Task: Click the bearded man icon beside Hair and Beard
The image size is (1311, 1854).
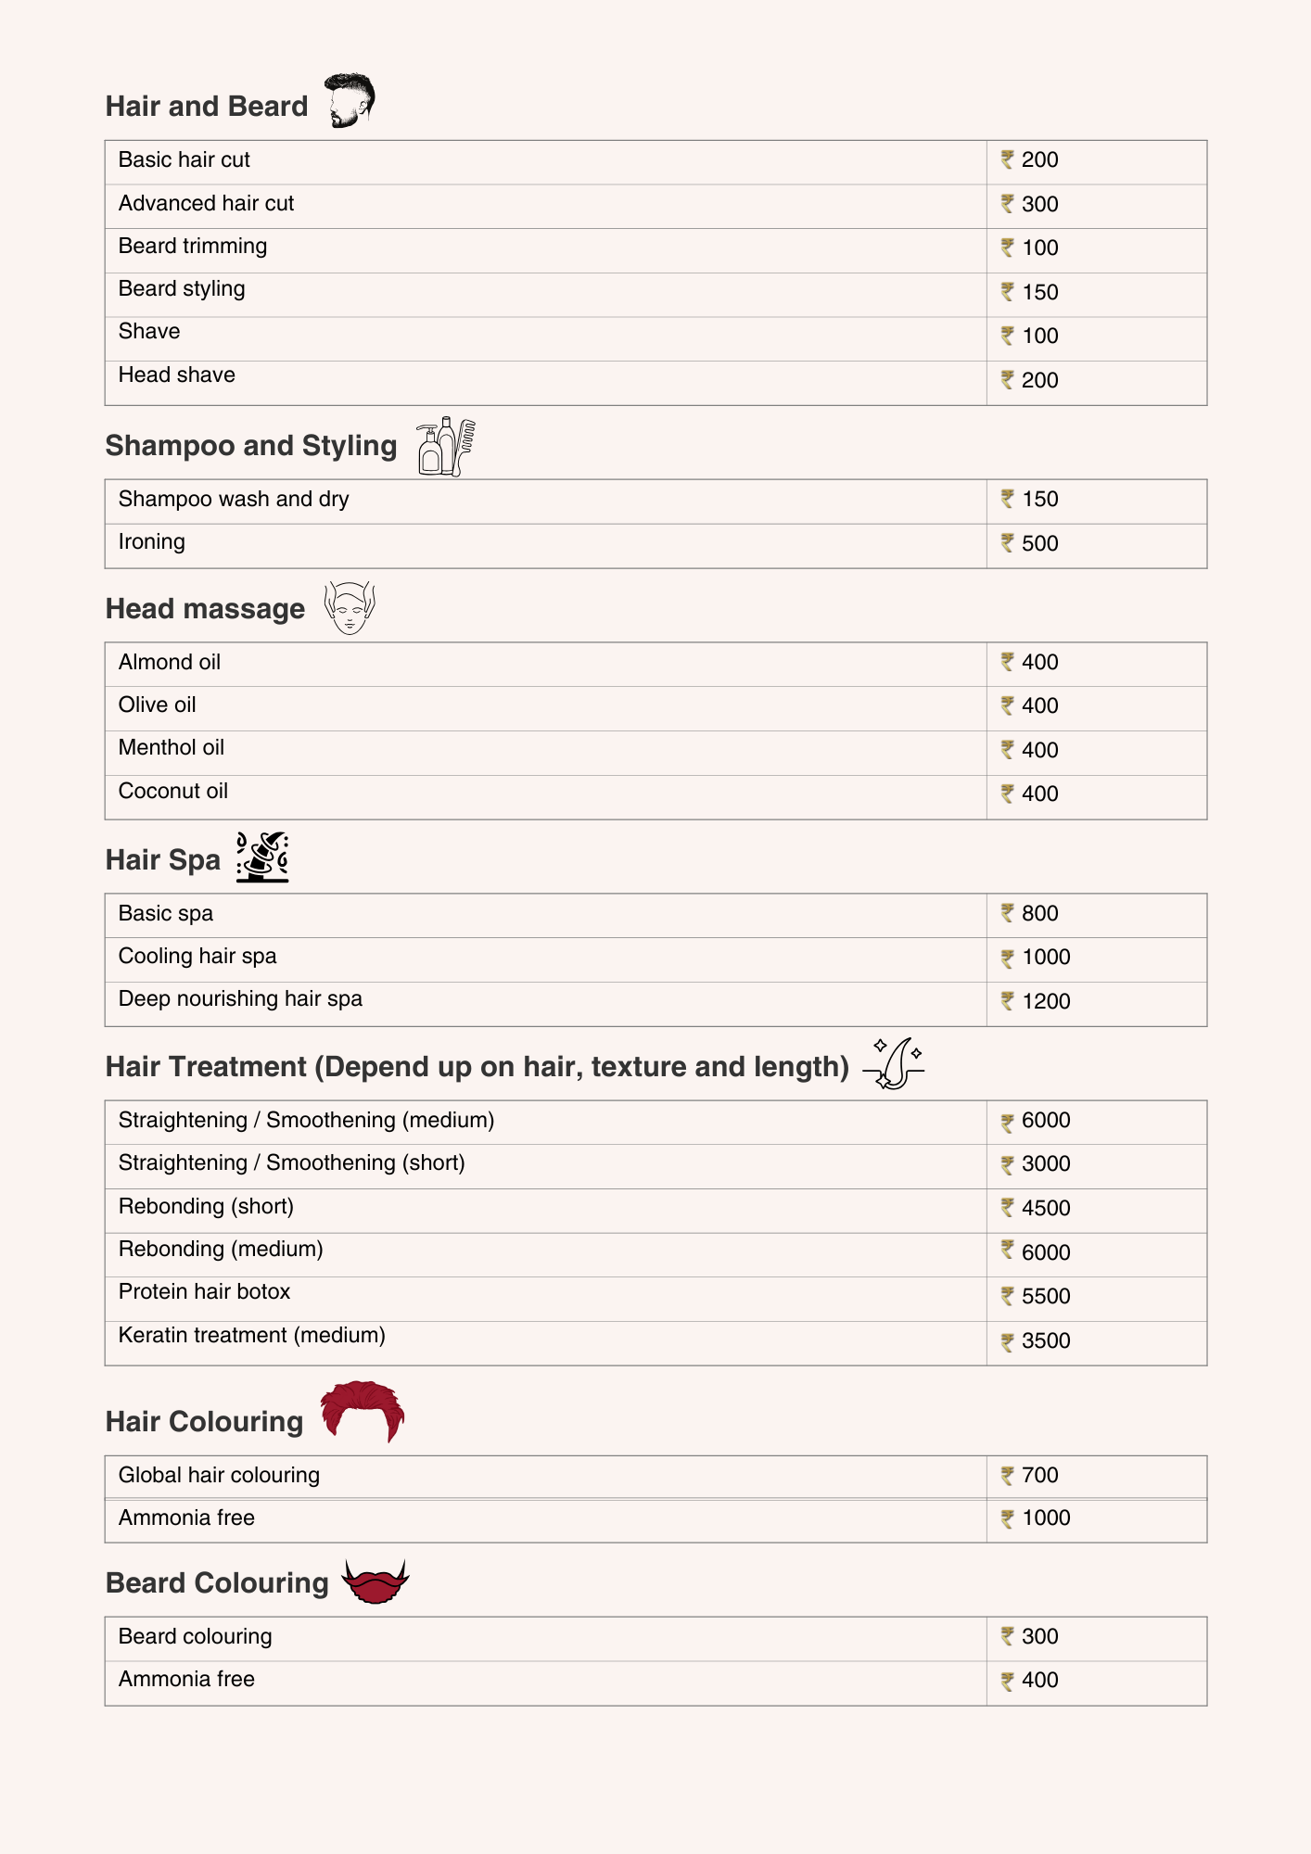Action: click(349, 100)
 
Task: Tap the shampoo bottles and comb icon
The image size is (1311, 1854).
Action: click(446, 446)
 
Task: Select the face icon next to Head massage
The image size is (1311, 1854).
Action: click(350, 608)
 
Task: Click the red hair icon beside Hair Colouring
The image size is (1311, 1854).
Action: click(362, 1411)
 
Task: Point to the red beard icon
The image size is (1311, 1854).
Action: click(375, 1581)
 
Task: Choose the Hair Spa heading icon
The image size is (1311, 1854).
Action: click(262, 857)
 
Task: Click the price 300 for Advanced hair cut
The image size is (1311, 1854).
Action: click(1039, 204)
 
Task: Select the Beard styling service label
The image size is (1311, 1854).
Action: click(182, 289)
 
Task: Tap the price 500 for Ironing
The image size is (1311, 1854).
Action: click(1039, 543)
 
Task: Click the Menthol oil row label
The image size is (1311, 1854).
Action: click(172, 748)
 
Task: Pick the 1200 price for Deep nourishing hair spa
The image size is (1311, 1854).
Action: click(1046, 1001)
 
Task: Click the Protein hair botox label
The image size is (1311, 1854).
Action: click(204, 1292)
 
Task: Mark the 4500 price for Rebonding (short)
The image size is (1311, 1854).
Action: click(1046, 1208)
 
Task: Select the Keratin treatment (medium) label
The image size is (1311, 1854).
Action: click(251, 1336)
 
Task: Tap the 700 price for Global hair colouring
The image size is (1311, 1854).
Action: click(1039, 1475)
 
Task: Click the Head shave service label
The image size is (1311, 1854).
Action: click(177, 375)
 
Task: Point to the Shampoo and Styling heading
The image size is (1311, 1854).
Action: click(251, 446)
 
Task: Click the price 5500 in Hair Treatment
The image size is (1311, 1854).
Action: click(1046, 1296)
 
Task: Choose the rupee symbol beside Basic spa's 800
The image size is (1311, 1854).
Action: click(1008, 913)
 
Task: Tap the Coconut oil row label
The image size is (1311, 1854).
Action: click(173, 792)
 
